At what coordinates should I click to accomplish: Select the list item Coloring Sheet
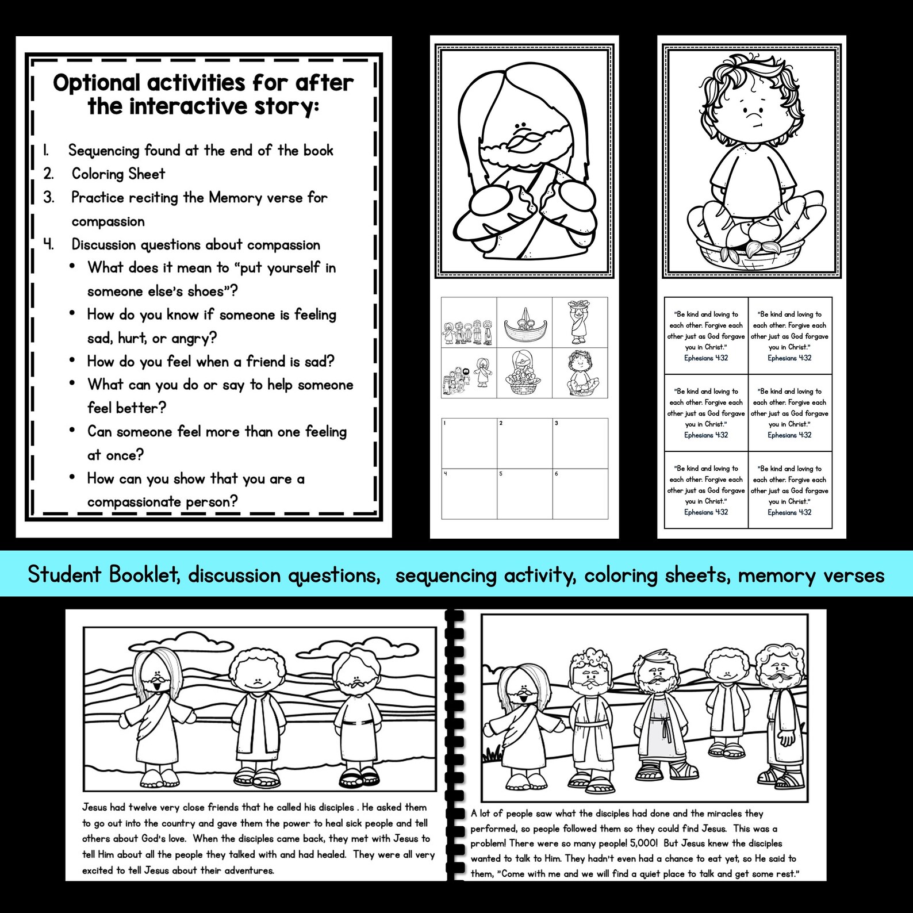[118, 174]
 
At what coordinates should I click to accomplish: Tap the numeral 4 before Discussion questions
[49, 244]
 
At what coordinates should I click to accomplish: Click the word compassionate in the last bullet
[134, 502]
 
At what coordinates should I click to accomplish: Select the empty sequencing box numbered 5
[524, 493]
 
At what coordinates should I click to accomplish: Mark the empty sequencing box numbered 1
[469, 443]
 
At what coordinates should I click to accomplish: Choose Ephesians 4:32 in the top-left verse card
[706, 358]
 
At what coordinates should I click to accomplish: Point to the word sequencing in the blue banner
[446, 575]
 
